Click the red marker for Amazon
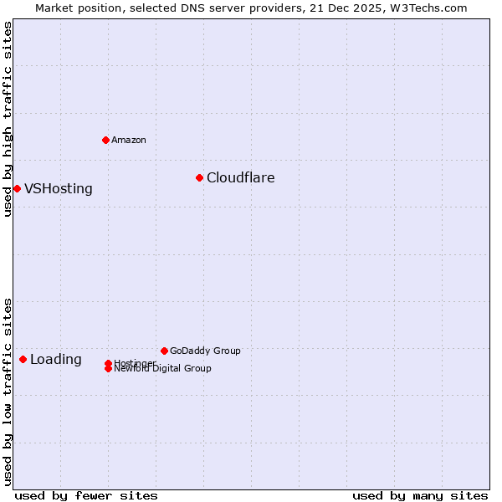click(105, 140)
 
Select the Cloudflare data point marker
click(199, 177)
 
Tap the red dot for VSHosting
click(17, 188)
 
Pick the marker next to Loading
click(23, 359)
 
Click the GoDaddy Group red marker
click(164, 351)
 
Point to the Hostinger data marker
click(108, 363)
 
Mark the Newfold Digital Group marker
click(109, 369)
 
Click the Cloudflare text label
click(240, 177)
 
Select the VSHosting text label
click(59, 188)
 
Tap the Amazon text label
click(128, 140)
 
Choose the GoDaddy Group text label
click(205, 351)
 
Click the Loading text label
click(56, 359)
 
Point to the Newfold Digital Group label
click(163, 369)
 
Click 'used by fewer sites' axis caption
click(86, 495)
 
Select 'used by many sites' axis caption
click(420, 495)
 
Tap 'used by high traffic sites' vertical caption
click(8, 119)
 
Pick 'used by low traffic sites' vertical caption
click(8, 391)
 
